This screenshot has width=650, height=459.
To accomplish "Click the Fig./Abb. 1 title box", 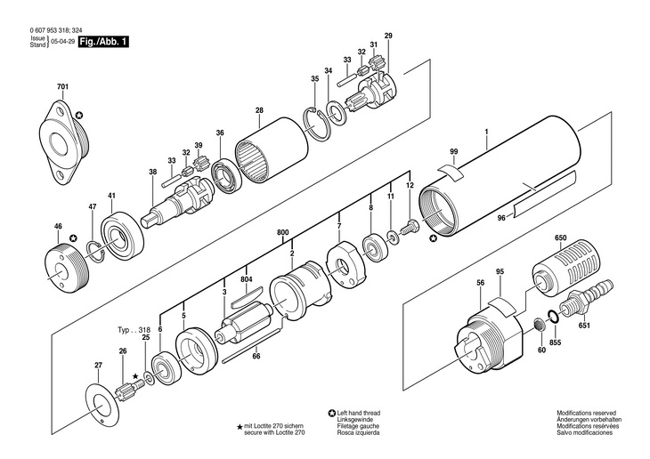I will coord(102,42).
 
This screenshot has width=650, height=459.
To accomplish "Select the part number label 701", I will coord(62,85).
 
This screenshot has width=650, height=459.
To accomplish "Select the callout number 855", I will coord(555,342).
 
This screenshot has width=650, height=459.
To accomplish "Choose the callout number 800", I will coord(283,233).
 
